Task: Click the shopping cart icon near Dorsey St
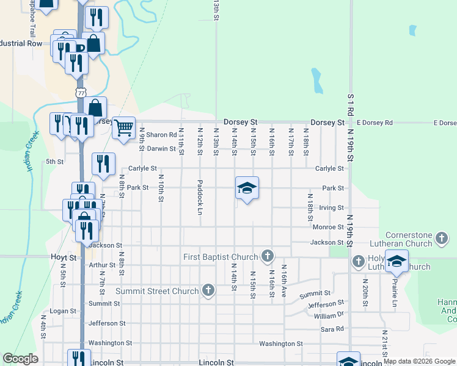click(x=124, y=127)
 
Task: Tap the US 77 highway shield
click(x=81, y=91)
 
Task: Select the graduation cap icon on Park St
click(x=247, y=188)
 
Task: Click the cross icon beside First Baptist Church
click(x=267, y=256)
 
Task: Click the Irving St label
click(x=332, y=208)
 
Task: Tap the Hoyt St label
click(x=64, y=258)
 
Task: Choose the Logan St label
click(x=62, y=310)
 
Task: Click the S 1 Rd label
click(x=351, y=104)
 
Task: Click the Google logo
click(x=20, y=359)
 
